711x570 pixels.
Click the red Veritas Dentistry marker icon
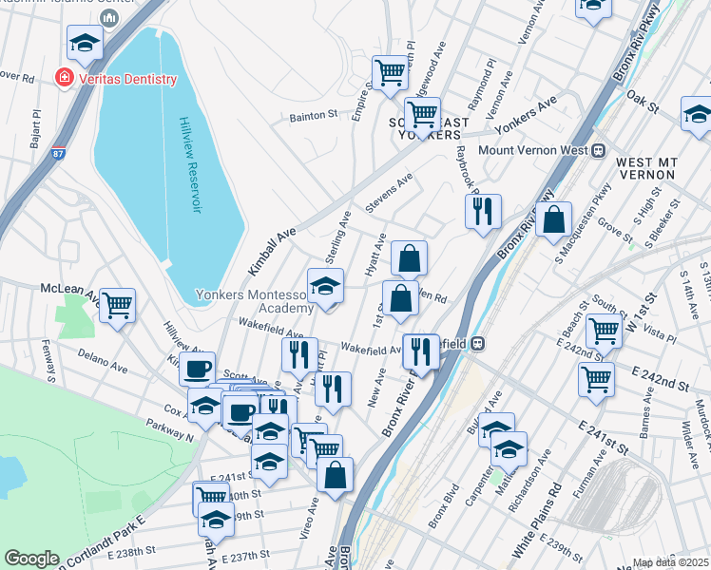(x=65, y=79)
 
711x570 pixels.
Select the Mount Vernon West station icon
(x=599, y=150)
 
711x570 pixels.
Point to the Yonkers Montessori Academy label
(x=254, y=301)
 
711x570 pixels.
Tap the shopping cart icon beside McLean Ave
(x=118, y=305)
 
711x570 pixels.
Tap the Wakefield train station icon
(x=478, y=343)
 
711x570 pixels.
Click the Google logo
(x=31, y=559)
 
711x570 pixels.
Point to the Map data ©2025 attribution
(x=670, y=562)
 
